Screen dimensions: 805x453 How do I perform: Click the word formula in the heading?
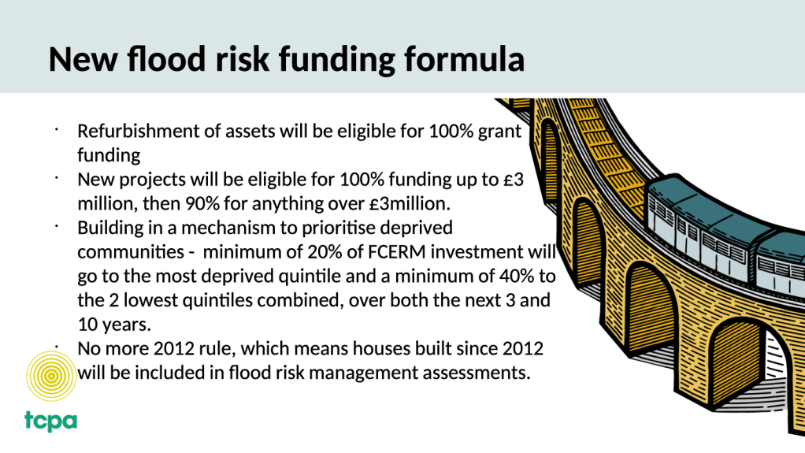[464, 58]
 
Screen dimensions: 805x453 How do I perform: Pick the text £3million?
[410, 203]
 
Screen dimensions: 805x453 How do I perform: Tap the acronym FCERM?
[397, 251]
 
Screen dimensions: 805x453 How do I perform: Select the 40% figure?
[517, 276]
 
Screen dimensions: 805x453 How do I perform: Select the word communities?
[131, 251]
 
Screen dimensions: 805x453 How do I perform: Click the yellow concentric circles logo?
[51, 376]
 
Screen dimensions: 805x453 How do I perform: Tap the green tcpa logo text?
[51, 421]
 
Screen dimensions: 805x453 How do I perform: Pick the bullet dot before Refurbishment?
[57, 130]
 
